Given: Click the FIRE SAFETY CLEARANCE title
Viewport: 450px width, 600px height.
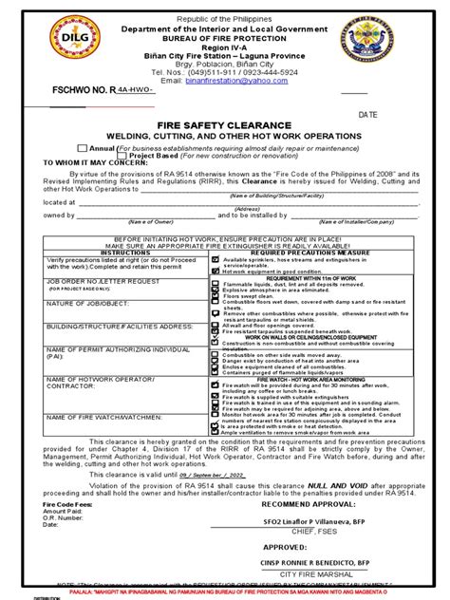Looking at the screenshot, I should pos(224,123).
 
